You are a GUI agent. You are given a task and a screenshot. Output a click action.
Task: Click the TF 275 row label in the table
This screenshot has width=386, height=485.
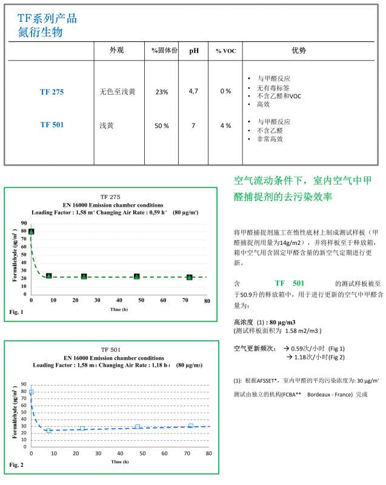52,92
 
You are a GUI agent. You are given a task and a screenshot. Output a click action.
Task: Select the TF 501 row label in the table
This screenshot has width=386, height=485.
52,125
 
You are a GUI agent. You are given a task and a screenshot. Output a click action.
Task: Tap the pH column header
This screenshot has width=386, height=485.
194,51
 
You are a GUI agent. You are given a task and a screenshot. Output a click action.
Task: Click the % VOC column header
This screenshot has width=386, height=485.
225,51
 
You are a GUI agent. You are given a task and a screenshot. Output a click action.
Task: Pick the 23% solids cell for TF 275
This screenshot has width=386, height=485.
162,92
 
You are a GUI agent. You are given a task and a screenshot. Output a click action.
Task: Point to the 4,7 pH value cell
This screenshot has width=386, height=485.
194,91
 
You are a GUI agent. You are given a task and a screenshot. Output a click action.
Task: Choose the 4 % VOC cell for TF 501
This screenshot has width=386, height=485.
225,125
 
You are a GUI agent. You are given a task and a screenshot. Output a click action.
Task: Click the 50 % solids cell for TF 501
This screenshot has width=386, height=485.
162,125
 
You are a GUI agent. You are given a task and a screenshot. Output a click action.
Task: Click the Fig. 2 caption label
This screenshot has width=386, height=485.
17,464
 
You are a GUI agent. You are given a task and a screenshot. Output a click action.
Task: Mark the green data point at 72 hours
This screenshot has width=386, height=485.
190,277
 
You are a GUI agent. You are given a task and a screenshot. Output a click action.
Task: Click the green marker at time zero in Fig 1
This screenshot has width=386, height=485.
32,232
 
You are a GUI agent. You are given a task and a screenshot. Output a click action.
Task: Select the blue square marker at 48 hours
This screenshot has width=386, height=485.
138,427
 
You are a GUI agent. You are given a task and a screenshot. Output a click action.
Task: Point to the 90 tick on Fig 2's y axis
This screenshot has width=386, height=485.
22,385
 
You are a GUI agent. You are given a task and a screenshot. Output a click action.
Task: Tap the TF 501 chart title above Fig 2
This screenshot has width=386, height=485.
111,349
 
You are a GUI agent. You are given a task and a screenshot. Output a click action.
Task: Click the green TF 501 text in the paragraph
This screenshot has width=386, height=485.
289,283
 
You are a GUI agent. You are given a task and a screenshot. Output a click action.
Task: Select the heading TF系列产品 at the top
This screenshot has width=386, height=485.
47,18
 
